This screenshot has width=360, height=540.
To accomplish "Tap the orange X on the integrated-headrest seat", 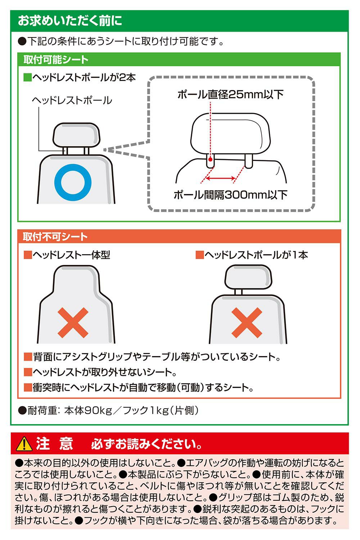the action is (x=73, y=323).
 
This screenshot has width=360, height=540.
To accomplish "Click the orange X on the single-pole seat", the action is (x=247, y=323).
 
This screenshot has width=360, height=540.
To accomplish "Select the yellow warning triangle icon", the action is (x=24, y=444).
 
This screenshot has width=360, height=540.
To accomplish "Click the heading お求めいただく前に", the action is (x=70, y=21).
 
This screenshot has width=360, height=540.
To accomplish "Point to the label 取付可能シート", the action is (x=56, y=59).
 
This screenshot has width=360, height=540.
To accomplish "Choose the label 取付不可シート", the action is (x=55, y=237).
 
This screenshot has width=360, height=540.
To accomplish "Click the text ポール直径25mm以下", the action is (x=230, y=94).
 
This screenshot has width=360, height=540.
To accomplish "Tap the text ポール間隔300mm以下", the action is (x=230, y=195).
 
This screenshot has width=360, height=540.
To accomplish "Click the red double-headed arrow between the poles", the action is (x=220, y=179).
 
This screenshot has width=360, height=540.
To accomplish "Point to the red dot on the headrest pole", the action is (x=210, y=159).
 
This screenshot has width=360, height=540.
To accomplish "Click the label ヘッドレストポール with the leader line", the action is (x=72, y=100).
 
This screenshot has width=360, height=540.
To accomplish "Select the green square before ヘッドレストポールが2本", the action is (x=27, y=78).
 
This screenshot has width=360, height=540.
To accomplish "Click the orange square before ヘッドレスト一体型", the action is (x=28, y=255).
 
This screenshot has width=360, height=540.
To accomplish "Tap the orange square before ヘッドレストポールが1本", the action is (x=200, y=255).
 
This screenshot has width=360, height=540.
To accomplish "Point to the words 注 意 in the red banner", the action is (x=54, y=444).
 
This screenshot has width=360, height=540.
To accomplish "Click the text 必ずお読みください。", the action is (x=147, y=444).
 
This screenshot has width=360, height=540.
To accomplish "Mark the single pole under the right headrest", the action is (x=238, y=292).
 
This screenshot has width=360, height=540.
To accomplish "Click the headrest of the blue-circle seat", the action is (x=76, y=135).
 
